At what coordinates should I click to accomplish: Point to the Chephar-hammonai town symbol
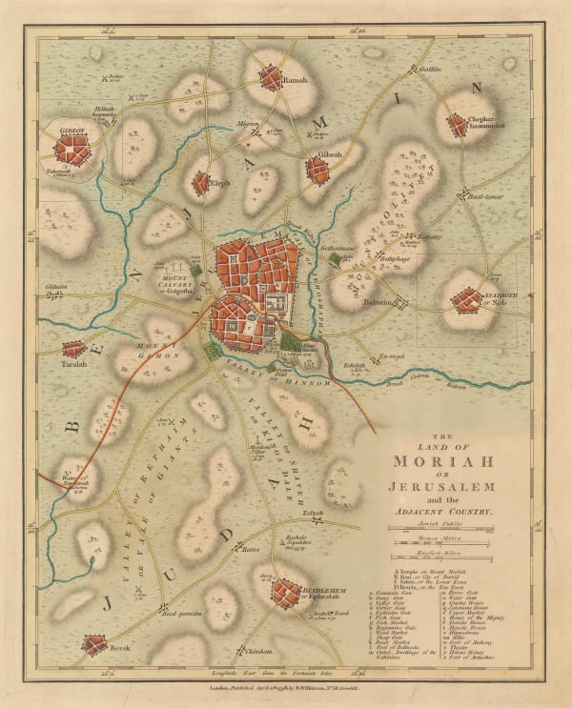click(456, 123)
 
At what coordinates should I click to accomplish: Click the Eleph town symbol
click(201, 182)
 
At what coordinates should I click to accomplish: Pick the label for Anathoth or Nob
click(499, 299)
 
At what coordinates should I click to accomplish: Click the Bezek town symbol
click(93, 645)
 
